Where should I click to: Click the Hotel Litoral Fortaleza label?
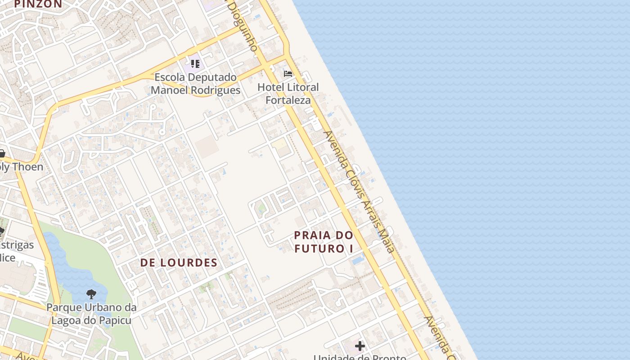tap(288, 94)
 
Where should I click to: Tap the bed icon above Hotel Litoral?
tap(288, 74)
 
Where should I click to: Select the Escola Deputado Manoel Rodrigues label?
tap(195, 84)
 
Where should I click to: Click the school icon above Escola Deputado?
tap(195, 63)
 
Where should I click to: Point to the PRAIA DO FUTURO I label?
tap(324, 242)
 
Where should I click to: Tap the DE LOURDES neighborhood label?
tap(179, 263)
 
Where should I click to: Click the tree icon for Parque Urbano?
tap(91, 295)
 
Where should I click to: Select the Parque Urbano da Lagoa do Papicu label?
tap(91, 314)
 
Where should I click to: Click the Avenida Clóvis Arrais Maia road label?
tap(359, 191)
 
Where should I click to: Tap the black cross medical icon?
tap(360, 346)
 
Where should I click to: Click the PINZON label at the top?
tap(38, 4)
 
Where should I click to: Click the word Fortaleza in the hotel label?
tap(288, 100)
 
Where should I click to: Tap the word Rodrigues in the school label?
tap(215, 90)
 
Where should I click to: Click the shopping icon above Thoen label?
tap(2, 153)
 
